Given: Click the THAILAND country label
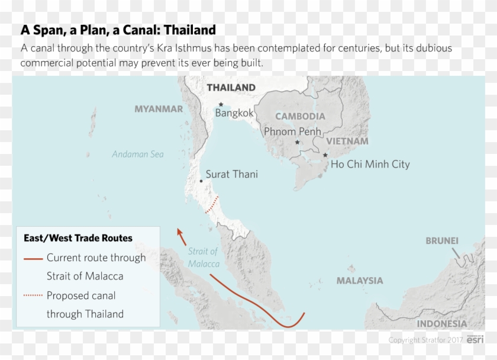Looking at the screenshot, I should tap(231, 88).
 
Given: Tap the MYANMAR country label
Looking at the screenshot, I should tap(159, 109).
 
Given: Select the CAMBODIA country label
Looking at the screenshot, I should tap(300, 117).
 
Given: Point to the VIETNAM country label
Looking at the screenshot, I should tap(347, 142).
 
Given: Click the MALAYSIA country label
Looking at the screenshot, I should tap(360, 281).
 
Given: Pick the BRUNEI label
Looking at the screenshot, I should tap(442, 241).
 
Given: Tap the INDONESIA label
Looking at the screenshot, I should tap(441, 324).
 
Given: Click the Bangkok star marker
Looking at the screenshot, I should tap(221, 104).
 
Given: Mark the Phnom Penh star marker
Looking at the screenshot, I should tap(298, 143).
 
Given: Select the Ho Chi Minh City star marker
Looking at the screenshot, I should tap(325, 155).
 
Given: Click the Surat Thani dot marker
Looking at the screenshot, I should tap(201, 180).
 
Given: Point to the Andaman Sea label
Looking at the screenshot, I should tap(138, 155).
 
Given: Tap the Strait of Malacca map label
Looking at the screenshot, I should tap(204, 258).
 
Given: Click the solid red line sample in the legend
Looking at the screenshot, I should tap(33, 258).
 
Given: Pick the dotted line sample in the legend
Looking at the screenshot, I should tap(33, 295).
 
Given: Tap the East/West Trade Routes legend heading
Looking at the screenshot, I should tap(78, 238).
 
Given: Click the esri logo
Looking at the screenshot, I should tap(475, 339).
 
